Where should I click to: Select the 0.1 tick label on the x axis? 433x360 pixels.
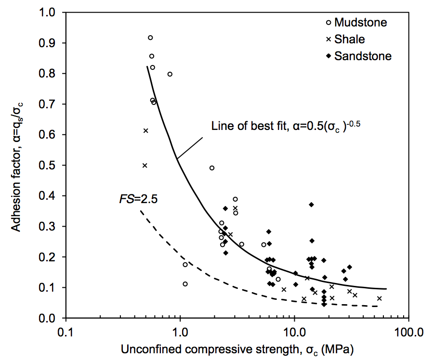click(x=66, y=332)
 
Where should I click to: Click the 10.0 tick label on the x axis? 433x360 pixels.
click(x=294, y=332)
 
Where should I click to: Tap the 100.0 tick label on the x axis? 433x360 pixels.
click(x=408, y=332)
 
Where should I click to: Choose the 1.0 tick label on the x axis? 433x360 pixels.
click(x=180, y=332)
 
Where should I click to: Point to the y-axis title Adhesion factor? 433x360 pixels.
click(x=17, y=166)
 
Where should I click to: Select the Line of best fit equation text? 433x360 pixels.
click(x=286, y=126)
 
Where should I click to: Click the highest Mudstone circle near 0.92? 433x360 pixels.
click(x=150, y=38)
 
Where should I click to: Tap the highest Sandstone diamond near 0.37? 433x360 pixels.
click(x=312, y=205)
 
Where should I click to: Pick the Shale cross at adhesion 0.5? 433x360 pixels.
click(x=144, y=166)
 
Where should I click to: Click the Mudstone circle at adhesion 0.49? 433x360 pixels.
click(x=211, y=168)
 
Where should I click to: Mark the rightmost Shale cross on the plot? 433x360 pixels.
click(x=380, y=298)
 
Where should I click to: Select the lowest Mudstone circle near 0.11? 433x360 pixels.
click(x=185, y=284)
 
